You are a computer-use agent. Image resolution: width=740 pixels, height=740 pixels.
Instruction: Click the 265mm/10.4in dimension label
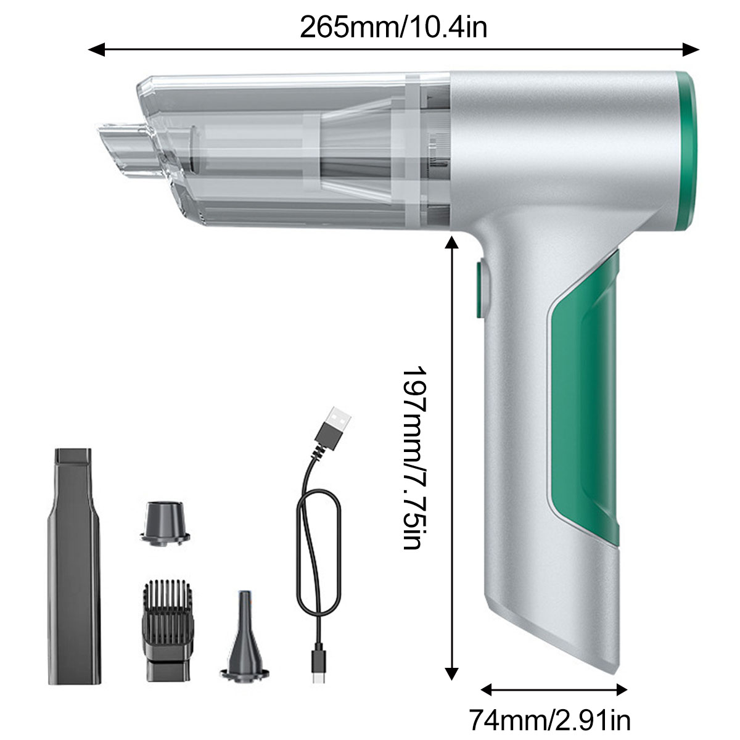point(393,28)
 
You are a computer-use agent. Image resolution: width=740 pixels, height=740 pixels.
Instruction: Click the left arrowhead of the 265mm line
point(96,49)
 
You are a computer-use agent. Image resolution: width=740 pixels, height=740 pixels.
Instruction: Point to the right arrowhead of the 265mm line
point(691,49)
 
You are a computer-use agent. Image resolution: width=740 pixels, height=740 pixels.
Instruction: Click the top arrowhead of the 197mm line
point(451,244)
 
